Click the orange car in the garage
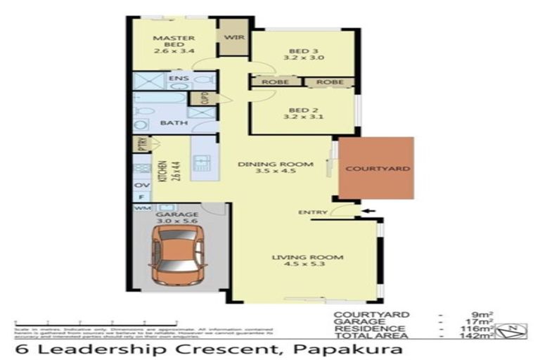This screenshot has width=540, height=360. pyautogui.click(x=179, y=255)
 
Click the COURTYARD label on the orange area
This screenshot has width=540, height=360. pyautogui.click(x=375, y=169)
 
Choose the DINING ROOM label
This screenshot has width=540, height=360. pyautogui.click(x=274, y=167)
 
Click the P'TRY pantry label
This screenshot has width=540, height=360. pyautogui.click(x=141, y=145)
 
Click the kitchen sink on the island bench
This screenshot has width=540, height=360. pyautogui.click(x=202, y=164)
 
